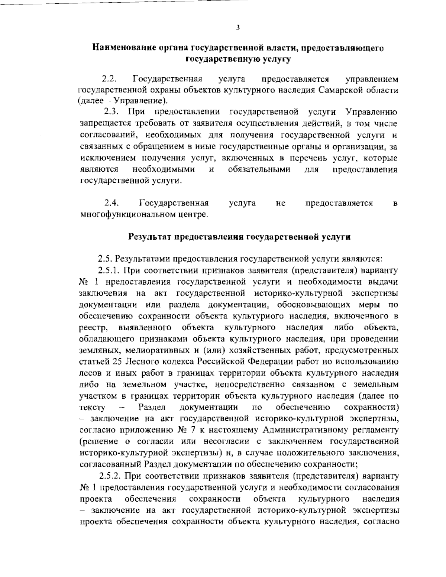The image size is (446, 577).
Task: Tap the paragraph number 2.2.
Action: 110,79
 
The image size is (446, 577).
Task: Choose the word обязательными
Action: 259,170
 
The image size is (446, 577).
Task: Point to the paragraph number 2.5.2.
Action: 111,476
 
